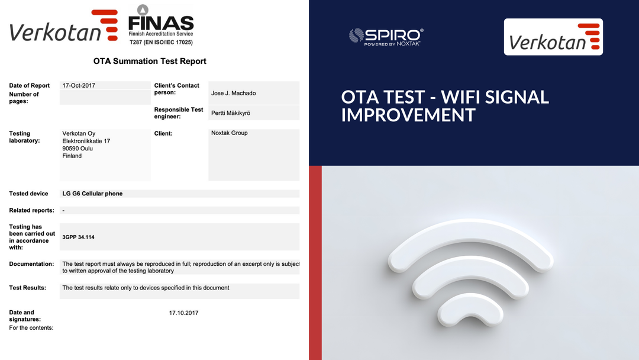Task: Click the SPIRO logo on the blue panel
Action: (385, 37)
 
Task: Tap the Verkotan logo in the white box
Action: (553, 37)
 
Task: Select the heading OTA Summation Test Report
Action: (150, 61)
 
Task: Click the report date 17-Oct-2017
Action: (79, 85)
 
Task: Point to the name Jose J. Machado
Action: (233, 93)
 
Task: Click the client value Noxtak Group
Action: (229, 133)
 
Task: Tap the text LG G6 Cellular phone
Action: (92, 194)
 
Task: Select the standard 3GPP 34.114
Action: (78, 237)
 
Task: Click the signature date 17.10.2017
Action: (183, 313)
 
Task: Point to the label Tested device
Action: (28, 194)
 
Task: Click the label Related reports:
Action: (31, 210)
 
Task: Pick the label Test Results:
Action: (27, 288)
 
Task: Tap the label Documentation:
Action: (31, 264)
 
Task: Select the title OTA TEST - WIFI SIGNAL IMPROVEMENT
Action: (445, 105)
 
